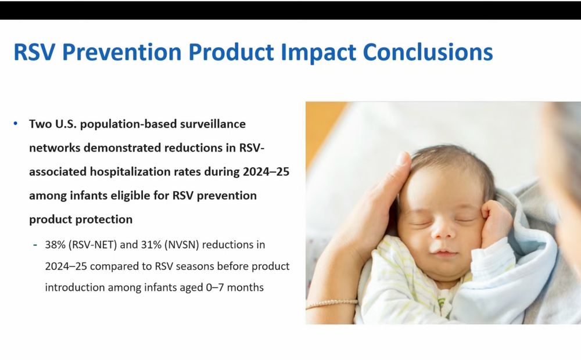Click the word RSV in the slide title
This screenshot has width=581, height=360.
pyautogui.click(x=34, y=52)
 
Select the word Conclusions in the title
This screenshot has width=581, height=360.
pyautogui.click(x=428, y=52)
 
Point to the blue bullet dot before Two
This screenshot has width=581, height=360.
pyautogui.click(x=16, y=124)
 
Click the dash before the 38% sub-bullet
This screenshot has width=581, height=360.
pyautogui.click(x=35, y=245)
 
